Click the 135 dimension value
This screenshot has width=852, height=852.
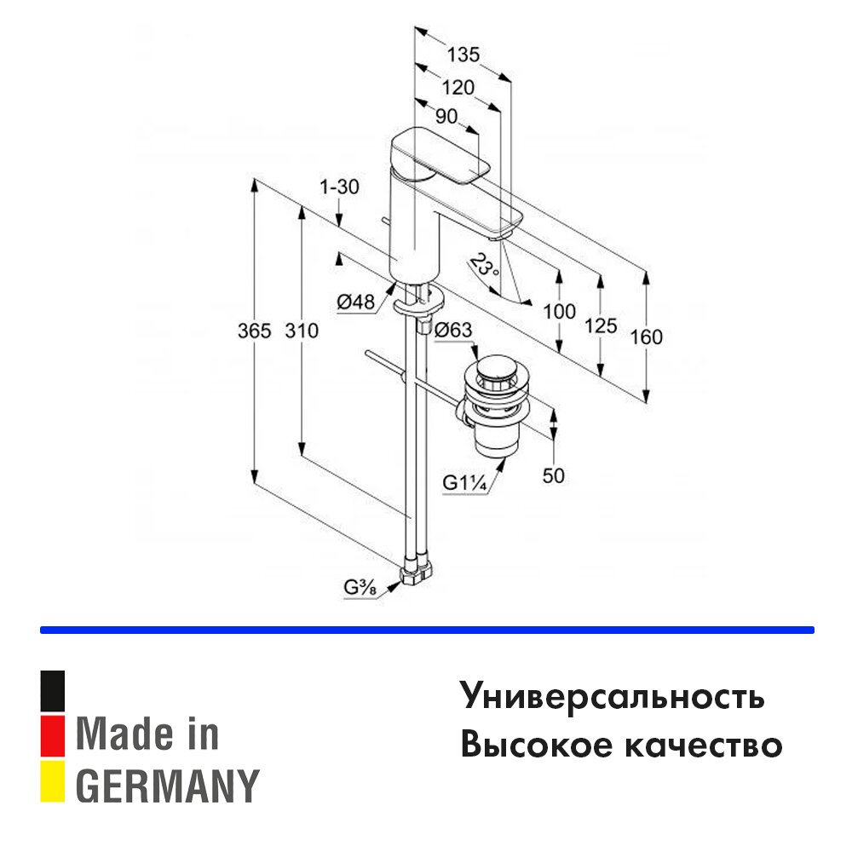(x=463, y=55)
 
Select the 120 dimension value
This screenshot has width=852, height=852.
(x=457, y=87)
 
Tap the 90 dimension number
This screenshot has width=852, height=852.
(x=446, y=117)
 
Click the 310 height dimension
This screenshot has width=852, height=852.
(x=302, y=331)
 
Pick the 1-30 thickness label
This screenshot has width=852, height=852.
(x=340, y=187)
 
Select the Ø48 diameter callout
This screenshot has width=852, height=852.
(x=356, y=301)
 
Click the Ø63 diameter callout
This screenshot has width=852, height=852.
(x=453, y=330)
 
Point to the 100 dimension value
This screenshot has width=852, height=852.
(x=559, y=312)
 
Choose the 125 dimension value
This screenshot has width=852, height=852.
(x=602, y=324)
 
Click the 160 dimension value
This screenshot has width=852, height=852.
(x=647, y=337)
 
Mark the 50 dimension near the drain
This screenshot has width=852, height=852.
(x=554, y=475)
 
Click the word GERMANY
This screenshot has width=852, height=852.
(x=168, y=786)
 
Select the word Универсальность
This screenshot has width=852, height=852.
(x=613, y=697)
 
